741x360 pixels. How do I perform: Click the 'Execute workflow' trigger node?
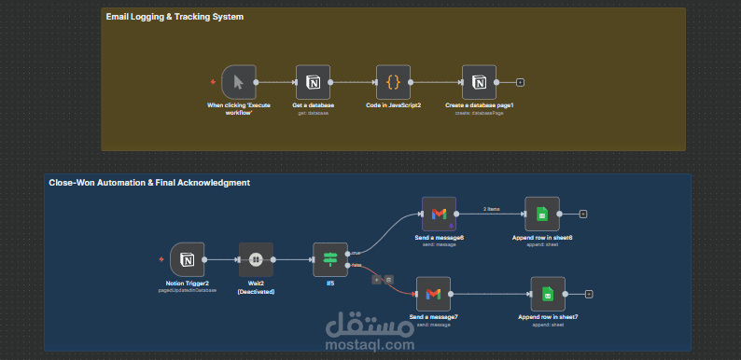238,82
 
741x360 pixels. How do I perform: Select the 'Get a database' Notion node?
313,82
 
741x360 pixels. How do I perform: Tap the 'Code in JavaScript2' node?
393,82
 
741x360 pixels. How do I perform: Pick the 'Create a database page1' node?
480,82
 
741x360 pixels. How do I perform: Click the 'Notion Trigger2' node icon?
187,260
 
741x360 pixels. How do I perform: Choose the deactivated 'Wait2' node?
255,260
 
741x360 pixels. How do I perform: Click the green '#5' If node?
329,260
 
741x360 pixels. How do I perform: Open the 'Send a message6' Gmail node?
439,214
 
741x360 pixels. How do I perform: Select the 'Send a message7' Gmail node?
432,295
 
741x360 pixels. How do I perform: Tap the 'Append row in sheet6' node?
541,214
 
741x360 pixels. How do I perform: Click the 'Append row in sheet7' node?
548,295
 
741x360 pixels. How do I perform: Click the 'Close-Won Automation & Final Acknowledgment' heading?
149,183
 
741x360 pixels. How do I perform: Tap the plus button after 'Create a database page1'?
520,82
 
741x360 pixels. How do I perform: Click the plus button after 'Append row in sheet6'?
582,214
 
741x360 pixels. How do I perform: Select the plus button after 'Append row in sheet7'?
589,295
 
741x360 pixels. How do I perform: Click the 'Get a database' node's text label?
313,105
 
